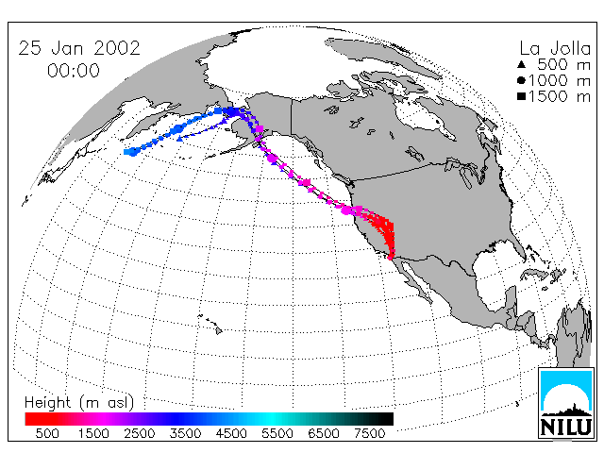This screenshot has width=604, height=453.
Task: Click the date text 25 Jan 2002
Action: [79, 48]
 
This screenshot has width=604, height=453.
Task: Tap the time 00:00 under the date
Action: [74, 71]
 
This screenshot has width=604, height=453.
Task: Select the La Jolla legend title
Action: [555, 48]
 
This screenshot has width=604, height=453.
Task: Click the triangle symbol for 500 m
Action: [522, 64]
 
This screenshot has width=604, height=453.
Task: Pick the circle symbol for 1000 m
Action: [522, 80]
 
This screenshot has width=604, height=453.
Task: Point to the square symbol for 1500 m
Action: [522, 96]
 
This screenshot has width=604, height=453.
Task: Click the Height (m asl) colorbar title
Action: [79, 403]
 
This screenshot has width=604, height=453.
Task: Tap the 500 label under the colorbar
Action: [47, 433]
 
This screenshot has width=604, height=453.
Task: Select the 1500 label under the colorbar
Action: [93, 433]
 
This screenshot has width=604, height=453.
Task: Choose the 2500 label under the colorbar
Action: [140, 433]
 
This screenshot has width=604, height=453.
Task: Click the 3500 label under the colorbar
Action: [185, 433]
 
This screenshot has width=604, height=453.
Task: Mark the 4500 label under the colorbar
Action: [231, 433]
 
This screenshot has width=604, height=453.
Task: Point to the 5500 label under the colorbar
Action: [277, 433]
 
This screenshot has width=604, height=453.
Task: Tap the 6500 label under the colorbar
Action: [324, 433]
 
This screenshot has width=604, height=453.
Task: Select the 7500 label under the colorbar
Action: [369, 433]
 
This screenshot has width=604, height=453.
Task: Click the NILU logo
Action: [566, 403]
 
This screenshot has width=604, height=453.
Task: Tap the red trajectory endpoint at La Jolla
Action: [390, 258]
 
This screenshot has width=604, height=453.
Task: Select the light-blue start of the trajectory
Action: [131, 152]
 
